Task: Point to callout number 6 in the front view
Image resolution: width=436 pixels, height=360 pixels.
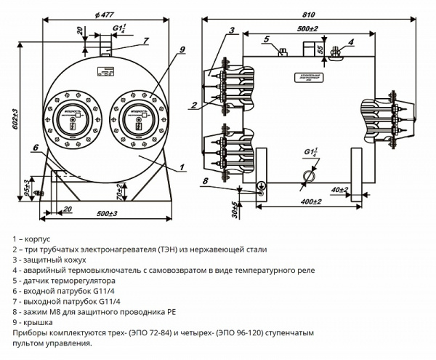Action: pyautogui.click(x=34, y=148)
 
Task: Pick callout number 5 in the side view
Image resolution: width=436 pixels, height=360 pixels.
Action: pyautogui.click(x=267, y=38)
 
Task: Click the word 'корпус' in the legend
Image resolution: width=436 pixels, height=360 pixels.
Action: pyautogui.click(x=41, y=239)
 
